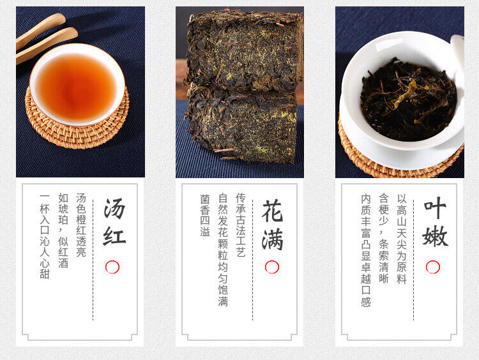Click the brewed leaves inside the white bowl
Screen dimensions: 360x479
408,99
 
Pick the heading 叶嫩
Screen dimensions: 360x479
434,223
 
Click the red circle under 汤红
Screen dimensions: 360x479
112,267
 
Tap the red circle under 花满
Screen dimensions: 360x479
272,267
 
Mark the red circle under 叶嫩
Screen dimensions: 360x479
433,267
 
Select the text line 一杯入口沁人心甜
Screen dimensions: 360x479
44,236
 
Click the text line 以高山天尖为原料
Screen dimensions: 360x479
401,239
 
